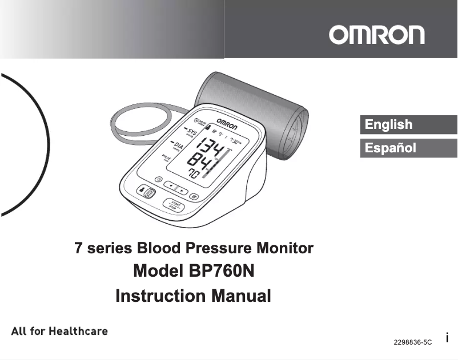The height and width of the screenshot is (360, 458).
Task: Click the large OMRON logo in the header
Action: coord(376,35)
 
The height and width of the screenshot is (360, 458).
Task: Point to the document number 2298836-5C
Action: coord(413,342)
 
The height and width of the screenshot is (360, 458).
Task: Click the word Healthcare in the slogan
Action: coord(78,331)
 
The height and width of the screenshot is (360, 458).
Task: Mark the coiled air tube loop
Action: coord(140,119)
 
